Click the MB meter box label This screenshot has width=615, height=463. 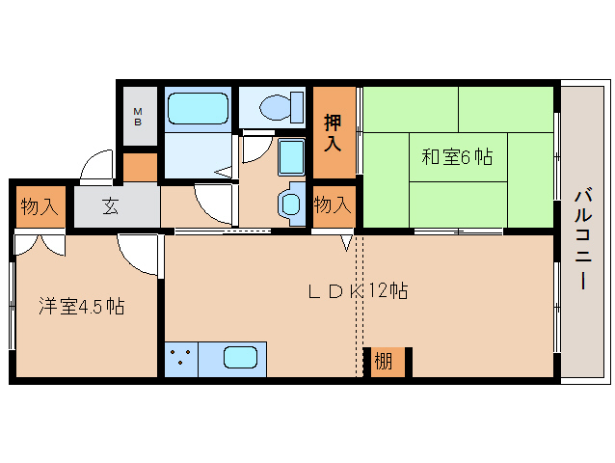pyautogui.click(x=138, y=117)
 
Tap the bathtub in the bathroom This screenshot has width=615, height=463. pyautogui.click(x=198, y=108)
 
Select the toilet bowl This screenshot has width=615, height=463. pyautogui.click(x=275, y=107)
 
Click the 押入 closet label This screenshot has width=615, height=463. pyautogui.click(x=333, y=133)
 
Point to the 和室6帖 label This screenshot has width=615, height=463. pyautogui.click(x=457, y=157)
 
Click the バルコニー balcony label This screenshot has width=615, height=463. pyautogui.click(x=583, y=239)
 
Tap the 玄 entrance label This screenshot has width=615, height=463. pyautogui.click(x=110, y=206)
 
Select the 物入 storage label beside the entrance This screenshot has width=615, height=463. pyautogui.click(x=40, y=206)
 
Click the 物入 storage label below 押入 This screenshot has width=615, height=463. pyautogui.click(x=333, y=204)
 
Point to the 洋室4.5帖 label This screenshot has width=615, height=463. pyautogui.click(x=82, y=307)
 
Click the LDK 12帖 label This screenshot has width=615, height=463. pyautogui.click(x=358, y=291)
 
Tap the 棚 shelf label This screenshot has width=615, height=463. pyautogui.click(x=384, y=361)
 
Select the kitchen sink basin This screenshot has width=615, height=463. pyautogui.click(x=240, y=358)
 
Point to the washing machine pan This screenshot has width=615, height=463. pyautogui.click(x=291, y=157)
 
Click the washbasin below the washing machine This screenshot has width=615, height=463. pyautogui.click(x=291, y=204)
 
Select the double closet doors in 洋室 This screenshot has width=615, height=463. pyautogui.click(x=40, y=244)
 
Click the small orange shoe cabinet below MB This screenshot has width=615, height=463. pyautogui.click(x=140, y=167)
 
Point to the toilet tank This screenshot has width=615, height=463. pyautogui.click(x=297, y=107)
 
